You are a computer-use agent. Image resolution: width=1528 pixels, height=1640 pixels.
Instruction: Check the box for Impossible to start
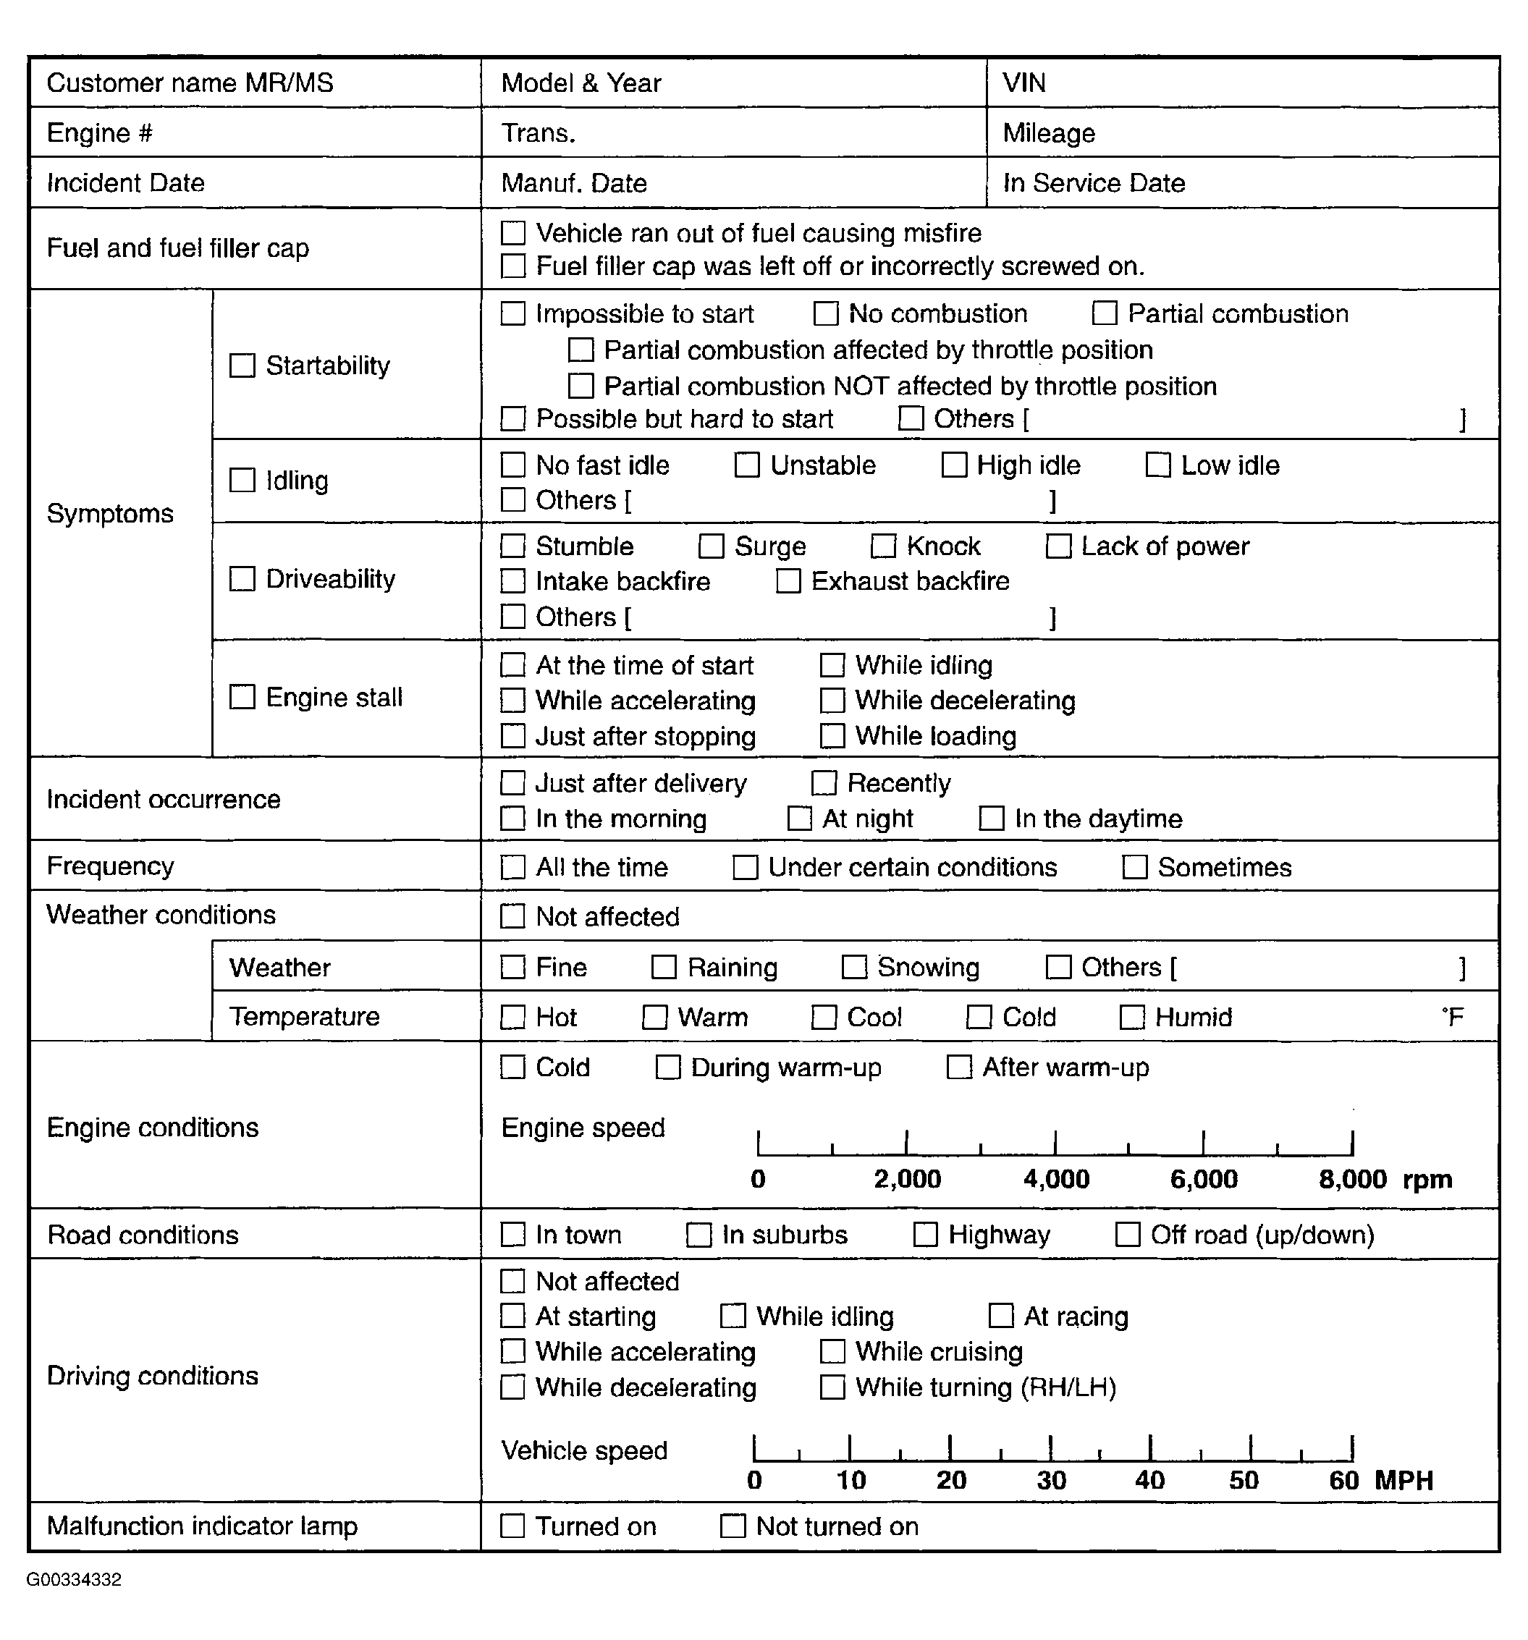coord(512,313)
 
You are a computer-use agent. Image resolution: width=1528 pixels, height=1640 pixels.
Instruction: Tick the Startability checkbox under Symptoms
coord(242,365)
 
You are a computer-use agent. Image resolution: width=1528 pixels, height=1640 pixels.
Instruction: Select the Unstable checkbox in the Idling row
coord(747,465)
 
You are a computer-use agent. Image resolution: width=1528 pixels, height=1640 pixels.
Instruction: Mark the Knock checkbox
coord(884,546)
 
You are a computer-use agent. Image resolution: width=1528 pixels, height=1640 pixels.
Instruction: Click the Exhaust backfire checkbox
coord(788,582)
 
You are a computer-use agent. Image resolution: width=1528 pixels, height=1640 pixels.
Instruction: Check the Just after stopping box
coord(512,736)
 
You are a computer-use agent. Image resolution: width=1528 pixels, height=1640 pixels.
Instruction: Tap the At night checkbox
coord(800,819)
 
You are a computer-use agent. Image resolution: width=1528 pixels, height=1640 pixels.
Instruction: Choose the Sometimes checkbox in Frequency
coord(1134,867)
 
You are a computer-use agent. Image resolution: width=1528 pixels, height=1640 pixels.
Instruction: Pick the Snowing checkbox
coord(854,967)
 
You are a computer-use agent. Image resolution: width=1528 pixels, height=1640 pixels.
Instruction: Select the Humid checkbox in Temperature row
coord(1131,1017)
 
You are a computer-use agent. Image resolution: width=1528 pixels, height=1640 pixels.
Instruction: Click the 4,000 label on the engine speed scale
coord(1056,1179)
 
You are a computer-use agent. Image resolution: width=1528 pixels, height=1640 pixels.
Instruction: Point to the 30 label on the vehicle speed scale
coord(1051,1480)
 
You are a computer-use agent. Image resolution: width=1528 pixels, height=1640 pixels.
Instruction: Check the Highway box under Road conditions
coord(925,1235)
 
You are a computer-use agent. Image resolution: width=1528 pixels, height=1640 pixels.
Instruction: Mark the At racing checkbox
coord(1001,1316)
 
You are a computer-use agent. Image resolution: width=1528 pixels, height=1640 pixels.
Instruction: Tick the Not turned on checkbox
coord(733,1526)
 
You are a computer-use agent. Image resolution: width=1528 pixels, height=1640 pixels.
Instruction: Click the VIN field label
coord(1024,83)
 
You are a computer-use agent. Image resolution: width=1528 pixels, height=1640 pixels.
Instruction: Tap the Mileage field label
coord(1049,134)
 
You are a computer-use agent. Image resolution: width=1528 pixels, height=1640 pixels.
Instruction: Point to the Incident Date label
coord(125,183)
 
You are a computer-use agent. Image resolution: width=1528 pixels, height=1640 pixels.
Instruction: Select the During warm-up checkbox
coord(667,1068)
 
